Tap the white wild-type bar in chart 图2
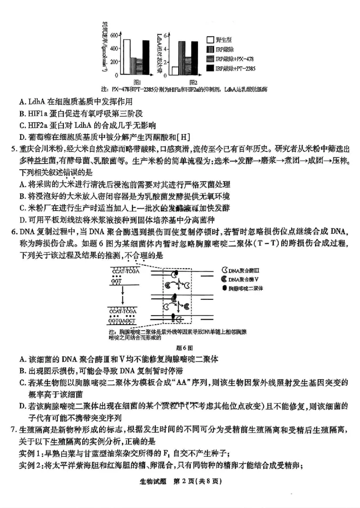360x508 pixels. coord(175,71)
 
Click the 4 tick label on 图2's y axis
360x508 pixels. coord(166,49)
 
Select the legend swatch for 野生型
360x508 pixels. coord(210,40)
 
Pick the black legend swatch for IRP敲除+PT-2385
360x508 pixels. coord(210,68)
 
